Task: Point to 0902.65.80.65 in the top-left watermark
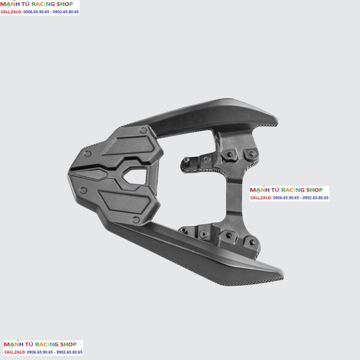tap(66, 12)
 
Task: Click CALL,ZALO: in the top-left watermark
tap(12, 12)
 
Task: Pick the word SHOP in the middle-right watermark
tap(315, 190)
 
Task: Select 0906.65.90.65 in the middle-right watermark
tap(286, 198)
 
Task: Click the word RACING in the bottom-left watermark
tap(47, 344)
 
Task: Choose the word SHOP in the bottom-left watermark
tap(68, 344)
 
